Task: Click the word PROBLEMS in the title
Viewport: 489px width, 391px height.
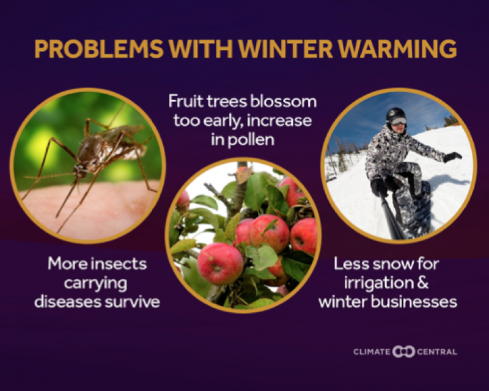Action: (x=98, y=49)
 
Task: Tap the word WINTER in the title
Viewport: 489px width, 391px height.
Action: (x=285, y=49)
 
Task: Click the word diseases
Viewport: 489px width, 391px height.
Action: (x=67, y=302)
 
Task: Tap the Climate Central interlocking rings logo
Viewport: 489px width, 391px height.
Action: (x=403, y=351)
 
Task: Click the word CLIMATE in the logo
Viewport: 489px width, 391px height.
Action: (x=372, y=352)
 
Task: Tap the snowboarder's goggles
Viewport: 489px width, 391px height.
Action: (x=398, y=121)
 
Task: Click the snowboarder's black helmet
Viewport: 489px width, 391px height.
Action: (x=395, y=114)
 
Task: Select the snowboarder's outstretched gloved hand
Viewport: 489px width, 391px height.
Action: (x=452, y=156)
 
